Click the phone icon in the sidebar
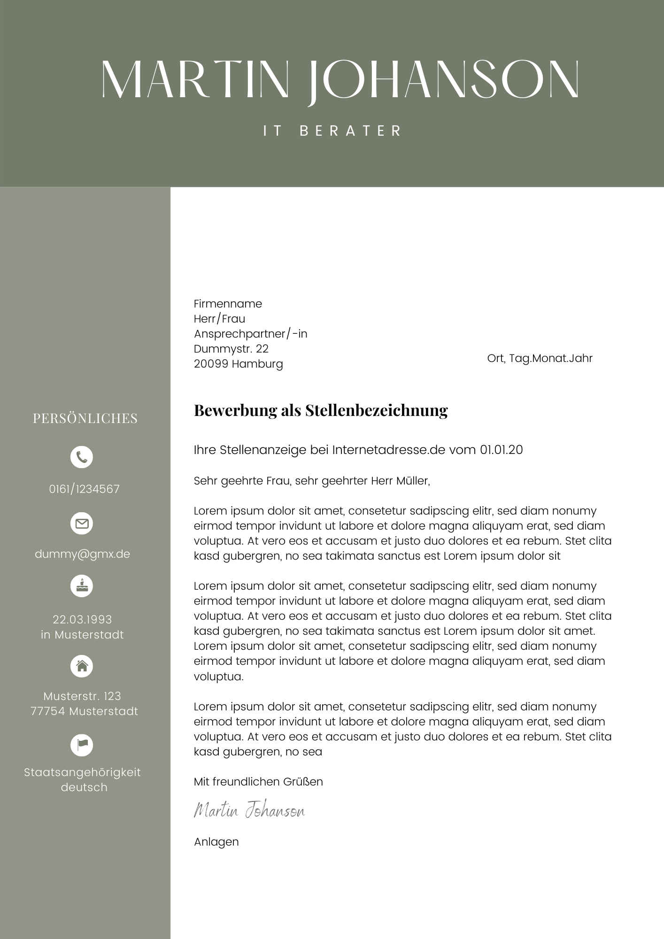pyautogui.click(x=82, y=457)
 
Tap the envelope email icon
pyautogui.click(x=82, y=523)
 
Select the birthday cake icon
pyautogui.click(x=82, y=586)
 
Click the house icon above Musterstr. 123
pyautogui.click(x=82, y=666)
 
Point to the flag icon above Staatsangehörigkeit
pyautogui.click(x=82, y=745)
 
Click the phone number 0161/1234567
pyautogui.click(x=84, y=489)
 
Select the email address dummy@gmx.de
pyautogui.click(x=82, y=554)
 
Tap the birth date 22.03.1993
pyautogui.click(x=82, y=619)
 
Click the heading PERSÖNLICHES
pyautogui.click(x=85, y=418)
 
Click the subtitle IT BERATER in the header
pyautogui.click(x=332, y=131)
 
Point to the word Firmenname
pyautogui.click(x=228, y=304)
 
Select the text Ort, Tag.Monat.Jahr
pyautogui.click(x=540, y=358)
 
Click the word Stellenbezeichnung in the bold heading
pyautogui.click(x=376, y=410)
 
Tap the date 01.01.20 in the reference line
pyautogui.click(x=501, y=450)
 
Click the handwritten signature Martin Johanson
pyautogui.click(x=249, y=810)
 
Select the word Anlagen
pyautogui.click(x=216, y=842)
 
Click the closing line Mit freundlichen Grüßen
pyautogui.click(x=258, y=782)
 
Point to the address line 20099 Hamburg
pyautogui.click(x=238, y=364)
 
